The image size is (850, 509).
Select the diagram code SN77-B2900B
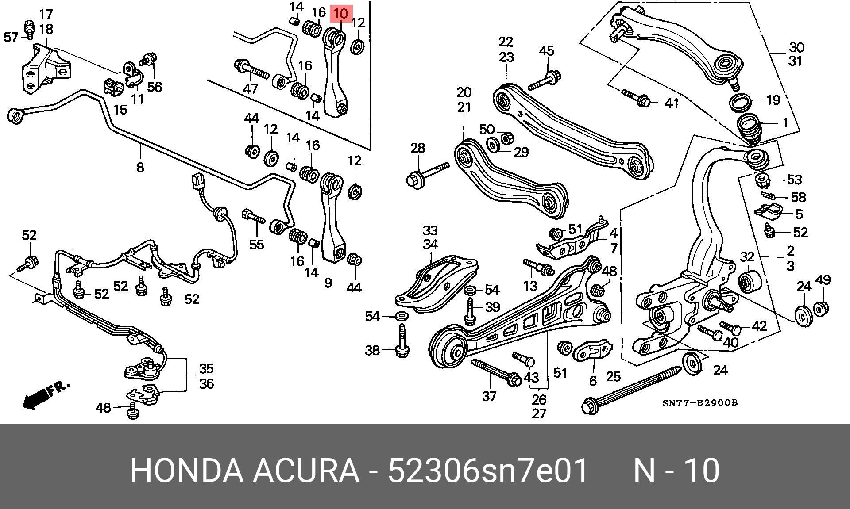click(x=700, y=403)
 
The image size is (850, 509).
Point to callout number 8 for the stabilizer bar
click(x=140, y=167)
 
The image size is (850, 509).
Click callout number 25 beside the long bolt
click(x=613, y=377)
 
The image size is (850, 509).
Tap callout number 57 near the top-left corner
click(x=12, y=37)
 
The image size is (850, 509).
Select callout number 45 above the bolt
click(x=547, y=50)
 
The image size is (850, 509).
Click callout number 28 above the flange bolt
click(x=417, y=148)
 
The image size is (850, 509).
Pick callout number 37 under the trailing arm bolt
click(x=489, y=396)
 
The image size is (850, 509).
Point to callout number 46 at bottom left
click(x=103, y=407)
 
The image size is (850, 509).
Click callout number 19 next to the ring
click(x=773, y=100)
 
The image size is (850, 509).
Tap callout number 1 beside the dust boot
click(x=785, y=122)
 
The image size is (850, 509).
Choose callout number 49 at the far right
click(x=823, y=280)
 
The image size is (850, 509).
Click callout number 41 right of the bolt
click(x=672, y=103)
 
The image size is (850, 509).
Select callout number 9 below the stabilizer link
click(x=328, y=282)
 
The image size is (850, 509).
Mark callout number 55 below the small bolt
click(x=257, y=245)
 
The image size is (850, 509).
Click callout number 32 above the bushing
click(x=747, y=256)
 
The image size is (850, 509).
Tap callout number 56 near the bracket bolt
click(x=155, y=87)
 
